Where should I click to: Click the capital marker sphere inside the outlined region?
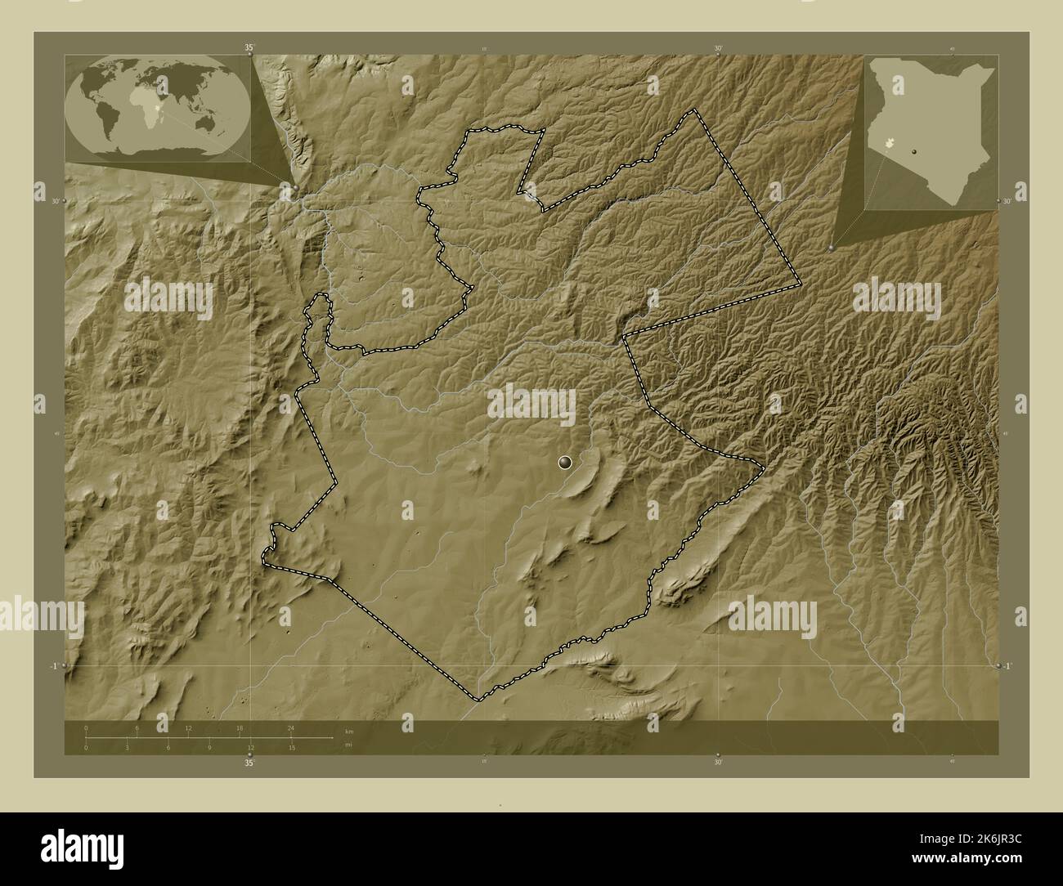pyautogui.click(x=564, y=463)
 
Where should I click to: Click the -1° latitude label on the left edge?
pyautogui.click(x=52, y=666)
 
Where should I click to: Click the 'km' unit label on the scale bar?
pyautogui.click(x=349, y=731)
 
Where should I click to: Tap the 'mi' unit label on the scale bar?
pyautogui.click(x=348, y=745)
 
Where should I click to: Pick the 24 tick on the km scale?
pyautogui.click(x=290, y=727)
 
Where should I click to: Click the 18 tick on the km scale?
pyautogui.click(x=240, y=727)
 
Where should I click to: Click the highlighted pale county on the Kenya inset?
pyautogui.click(x=898, y=145)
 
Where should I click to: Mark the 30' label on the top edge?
pyautogui.click(x=718, y=48)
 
